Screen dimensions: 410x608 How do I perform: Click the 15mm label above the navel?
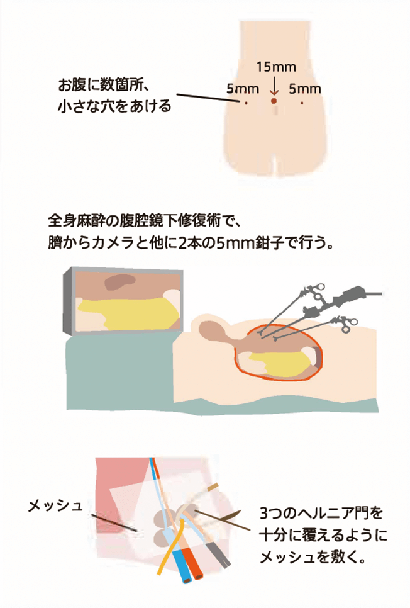(x=276, y=67)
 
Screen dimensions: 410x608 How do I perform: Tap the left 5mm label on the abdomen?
(x=243, y=89)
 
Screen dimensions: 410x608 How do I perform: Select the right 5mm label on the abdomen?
(x=305, y=89)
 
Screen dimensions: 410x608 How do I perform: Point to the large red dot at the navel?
(x=274, y=101)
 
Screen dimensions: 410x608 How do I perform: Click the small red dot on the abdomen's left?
(x=245, y=103)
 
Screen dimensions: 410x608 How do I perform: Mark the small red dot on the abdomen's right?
(x=302, y=103)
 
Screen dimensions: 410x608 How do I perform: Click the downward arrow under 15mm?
(x=274, y=86)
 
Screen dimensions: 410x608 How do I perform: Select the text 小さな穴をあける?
(x=114, y=106)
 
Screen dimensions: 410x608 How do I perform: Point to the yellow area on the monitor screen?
(x=128, y=313)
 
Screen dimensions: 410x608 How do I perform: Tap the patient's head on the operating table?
(x=212, y=331)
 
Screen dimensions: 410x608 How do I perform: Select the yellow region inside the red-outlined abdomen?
(x=279, y=363)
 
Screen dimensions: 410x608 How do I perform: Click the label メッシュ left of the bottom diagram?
(x=55, y=505)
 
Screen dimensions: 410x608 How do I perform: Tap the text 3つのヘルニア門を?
(x=321, y=514)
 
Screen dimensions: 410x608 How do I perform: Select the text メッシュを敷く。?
(x=313, y=558)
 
